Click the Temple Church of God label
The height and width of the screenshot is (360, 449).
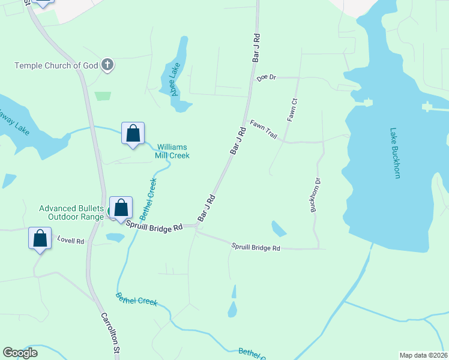click(x=56, y=65)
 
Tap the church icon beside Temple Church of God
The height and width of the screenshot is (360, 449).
click(x=107, y=65)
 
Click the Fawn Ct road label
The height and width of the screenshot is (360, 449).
click(x=292, y=110)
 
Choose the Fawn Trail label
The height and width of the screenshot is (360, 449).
click(x=264, y=130)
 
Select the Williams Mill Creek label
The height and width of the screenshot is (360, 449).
click(x=173, y=151)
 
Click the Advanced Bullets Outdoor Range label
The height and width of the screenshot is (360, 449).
click(x=72, y=212)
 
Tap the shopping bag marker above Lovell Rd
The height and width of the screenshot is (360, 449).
click(x=40, y=238)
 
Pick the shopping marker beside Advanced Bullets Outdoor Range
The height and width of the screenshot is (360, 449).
click(x=121, y=208)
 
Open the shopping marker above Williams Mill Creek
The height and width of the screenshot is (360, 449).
click(x=133, y=133)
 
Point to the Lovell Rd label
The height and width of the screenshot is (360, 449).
click(x=71, y=241)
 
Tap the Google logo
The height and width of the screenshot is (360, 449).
click(x=20, y=353)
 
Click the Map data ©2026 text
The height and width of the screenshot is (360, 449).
click(x=423, y=355)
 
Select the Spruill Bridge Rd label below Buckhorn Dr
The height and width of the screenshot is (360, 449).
click(x=256, y=247)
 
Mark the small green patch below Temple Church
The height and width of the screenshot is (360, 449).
click(x=103, y=96)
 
